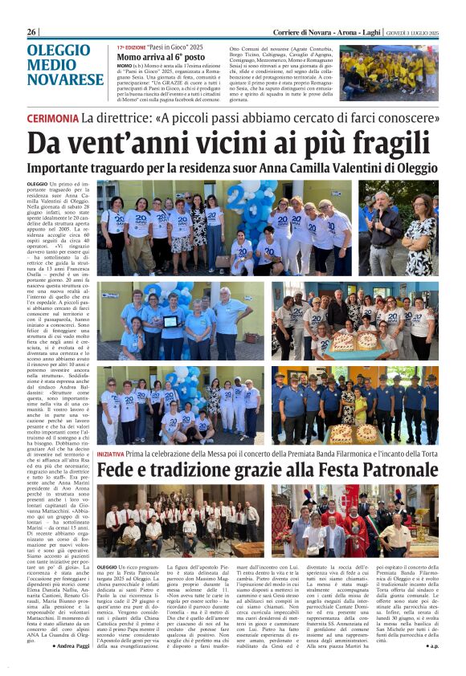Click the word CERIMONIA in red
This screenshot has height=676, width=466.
(52, 117)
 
